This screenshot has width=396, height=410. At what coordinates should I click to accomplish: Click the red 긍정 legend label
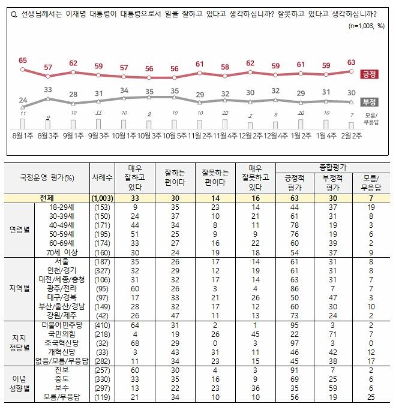click(x=368, y=75)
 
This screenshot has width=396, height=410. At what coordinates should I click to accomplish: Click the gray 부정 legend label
click(x=368, y=102)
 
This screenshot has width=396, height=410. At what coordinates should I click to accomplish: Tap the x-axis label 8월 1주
click(x=23, y=135)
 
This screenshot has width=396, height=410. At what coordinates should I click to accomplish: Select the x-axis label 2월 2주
click(x=351, y=135)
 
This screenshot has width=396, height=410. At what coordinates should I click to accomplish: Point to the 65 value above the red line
click(x=23, y=61)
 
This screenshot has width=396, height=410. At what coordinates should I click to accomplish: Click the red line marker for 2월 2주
click(x=351, y=71)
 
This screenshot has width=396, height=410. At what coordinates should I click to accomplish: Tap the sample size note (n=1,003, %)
click(x=366, y=26)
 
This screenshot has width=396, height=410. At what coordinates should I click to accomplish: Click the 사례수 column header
click(x=103, y=178)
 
